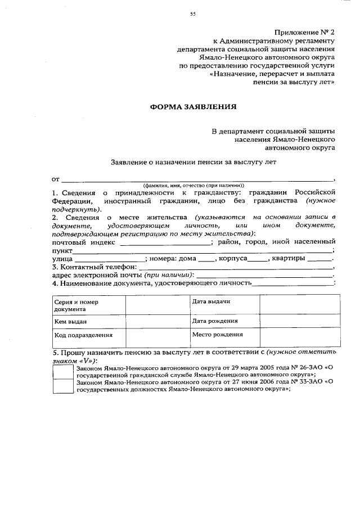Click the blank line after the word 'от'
(x=197, y=179)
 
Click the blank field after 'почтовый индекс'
(x=179, y=242)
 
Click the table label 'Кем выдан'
(x=70, y=322)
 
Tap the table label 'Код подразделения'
(x=83, y=335)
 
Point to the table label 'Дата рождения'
(x=214, y=321)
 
